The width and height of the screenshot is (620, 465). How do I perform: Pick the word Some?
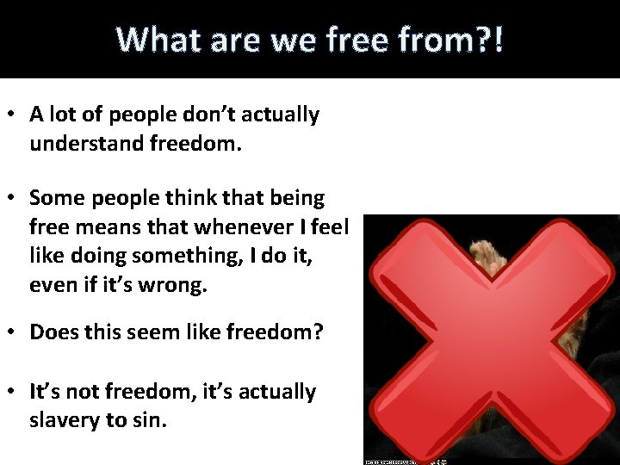click(55, 198)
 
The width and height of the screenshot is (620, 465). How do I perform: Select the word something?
click(196, 256)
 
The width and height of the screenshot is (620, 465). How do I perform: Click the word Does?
click(54, 332)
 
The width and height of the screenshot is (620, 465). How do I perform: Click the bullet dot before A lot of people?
click(13, 115)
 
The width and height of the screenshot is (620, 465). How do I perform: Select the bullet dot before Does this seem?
click(13, 332)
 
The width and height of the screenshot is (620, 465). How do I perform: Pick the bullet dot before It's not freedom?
click(13, 393)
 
